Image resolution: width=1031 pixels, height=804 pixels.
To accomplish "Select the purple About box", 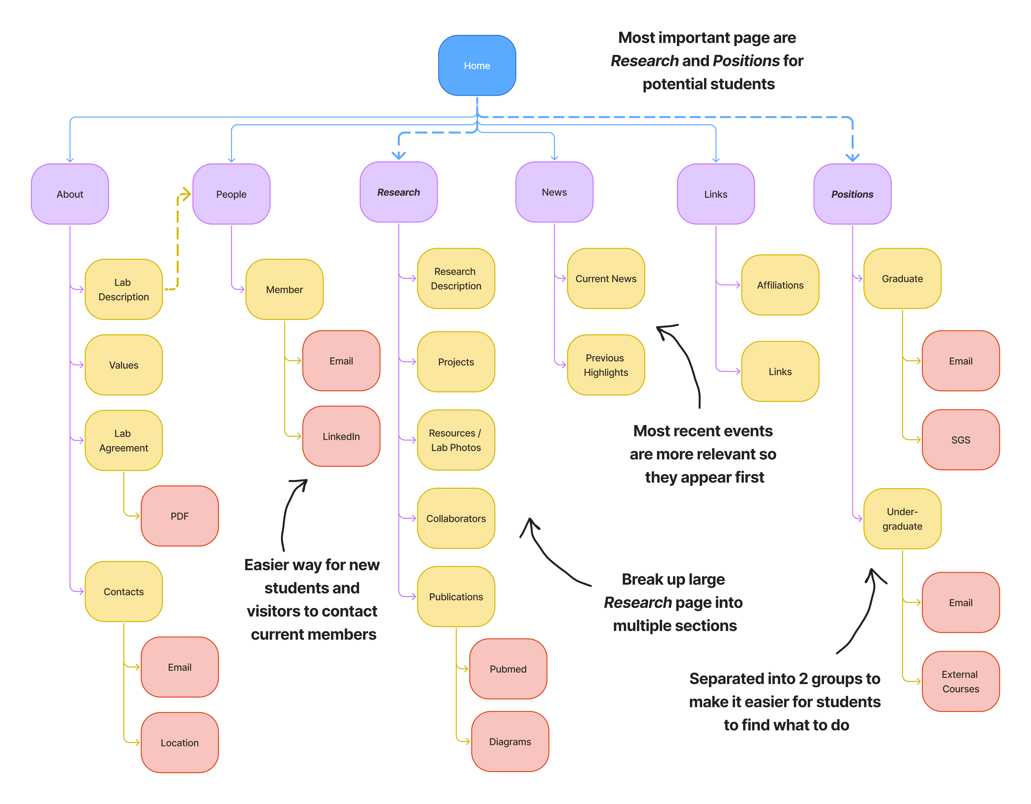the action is [x=70, y=194].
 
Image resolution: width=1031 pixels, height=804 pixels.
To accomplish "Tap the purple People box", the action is [x=231, y=194].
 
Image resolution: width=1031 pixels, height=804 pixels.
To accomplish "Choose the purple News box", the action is [x=554, y=192].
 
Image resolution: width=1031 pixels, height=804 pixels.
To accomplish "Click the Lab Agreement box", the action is [x=124, y=440].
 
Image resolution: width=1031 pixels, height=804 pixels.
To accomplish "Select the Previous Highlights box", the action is [x=606, y=365].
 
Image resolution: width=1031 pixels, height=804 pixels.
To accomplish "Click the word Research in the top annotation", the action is [x=644, y=61].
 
